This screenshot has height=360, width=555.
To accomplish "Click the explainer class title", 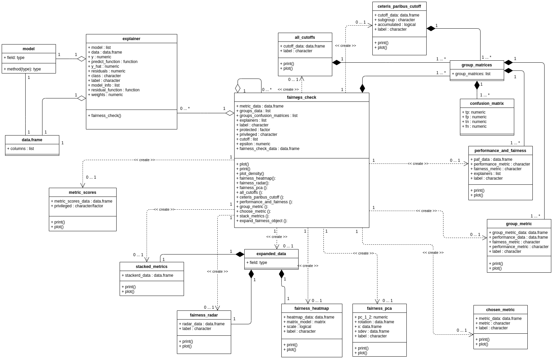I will (x=131, y=39).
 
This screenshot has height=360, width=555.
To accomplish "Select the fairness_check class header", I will (x=301, y=97).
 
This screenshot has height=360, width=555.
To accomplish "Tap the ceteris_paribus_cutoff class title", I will (x=399, y=6).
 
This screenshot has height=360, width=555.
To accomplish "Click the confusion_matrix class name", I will (x=487, y=103).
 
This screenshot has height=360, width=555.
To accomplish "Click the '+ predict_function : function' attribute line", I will (x=113, y=62).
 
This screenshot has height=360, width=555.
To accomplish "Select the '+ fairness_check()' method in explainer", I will (x=104, y=116).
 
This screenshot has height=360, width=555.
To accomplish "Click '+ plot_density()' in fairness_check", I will (x=250, y=174).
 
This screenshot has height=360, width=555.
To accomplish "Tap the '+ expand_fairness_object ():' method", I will (x=261, y=221).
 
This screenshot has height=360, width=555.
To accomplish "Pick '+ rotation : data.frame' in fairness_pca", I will (x=374, y=322).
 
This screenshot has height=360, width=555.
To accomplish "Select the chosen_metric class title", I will (x=500, y=310).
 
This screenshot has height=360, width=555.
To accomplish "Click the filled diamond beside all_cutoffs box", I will (x=336, y=63).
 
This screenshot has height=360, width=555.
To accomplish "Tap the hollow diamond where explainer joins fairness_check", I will (x=230, y=113).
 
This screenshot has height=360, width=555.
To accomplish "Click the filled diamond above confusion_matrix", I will (x=477, y=85).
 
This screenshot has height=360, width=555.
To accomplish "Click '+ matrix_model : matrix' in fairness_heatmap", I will (x=304, y=322).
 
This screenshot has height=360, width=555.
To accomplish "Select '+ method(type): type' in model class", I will (x=22, y=69).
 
